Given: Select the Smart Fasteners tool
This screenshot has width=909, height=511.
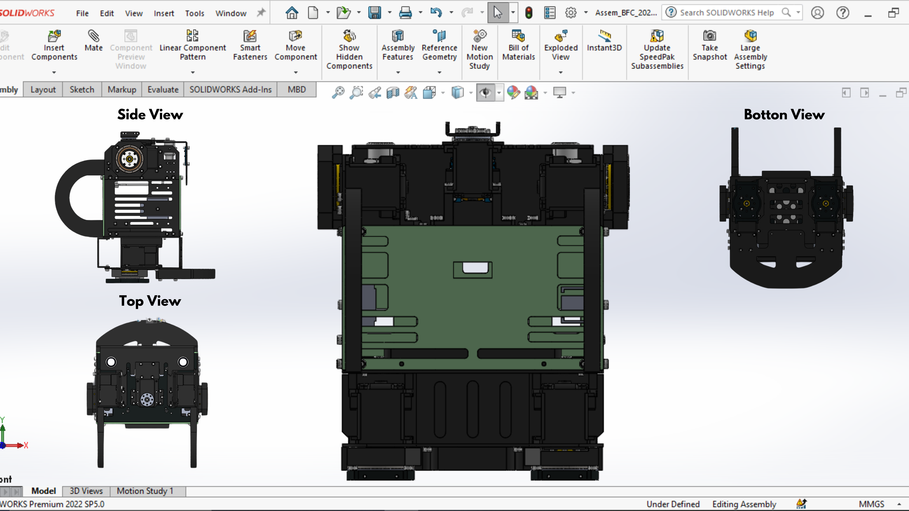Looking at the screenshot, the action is click(250, 45).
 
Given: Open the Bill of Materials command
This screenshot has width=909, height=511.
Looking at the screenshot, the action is click(518, 45).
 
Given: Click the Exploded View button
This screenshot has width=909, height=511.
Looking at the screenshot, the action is click(561, 45).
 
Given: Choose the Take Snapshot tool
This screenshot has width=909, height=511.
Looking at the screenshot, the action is click(710, 45).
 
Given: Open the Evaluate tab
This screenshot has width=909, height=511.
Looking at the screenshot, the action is click(163, 90).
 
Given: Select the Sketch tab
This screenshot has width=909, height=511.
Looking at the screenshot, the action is click(82, 90).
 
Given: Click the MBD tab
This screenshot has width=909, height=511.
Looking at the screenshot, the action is click(296, 90).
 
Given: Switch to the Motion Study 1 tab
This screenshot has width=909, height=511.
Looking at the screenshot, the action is click(145, 491).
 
